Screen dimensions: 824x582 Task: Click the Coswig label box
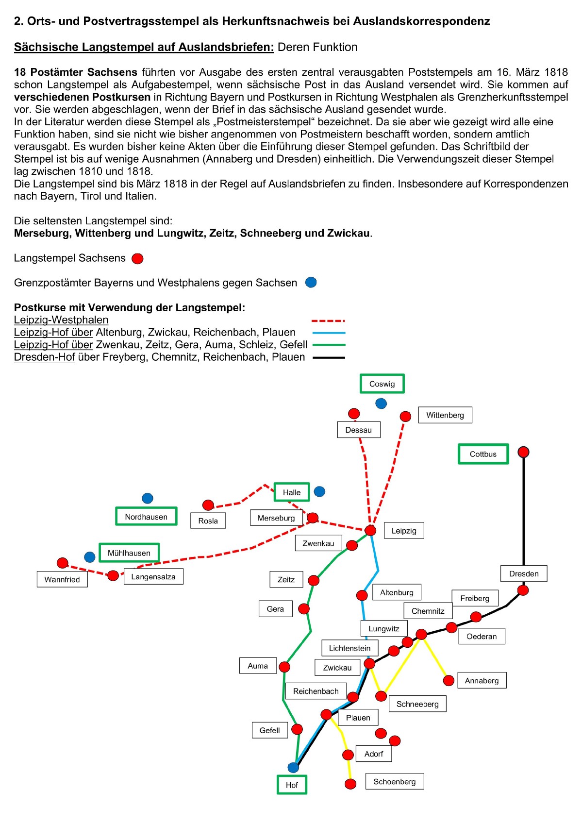pos(382,384)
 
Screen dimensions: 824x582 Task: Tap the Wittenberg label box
pos(445,415)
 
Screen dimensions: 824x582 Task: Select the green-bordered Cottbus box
pos(483,454)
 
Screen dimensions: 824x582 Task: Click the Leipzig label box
pos(404,531)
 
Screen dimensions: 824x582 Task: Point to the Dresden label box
pos(524,573)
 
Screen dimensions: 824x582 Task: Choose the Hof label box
pos(292,785)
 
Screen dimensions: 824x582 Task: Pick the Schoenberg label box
pos(394,781)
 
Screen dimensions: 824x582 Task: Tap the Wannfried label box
pos(62,579)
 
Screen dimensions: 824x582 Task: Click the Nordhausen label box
pos(146,517)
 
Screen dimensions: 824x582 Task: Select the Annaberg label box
pos(482,680)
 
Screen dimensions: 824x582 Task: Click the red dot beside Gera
pos(304,609)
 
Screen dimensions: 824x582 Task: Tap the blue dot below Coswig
pos(381,403)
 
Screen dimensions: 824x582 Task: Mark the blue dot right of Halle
pos(319,491)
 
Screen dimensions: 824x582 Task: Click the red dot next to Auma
pos(284,667)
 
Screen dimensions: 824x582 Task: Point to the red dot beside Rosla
pos(208,505)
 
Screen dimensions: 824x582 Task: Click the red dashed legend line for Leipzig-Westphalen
pos(328,321)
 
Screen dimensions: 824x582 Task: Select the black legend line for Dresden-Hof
pos(329,357)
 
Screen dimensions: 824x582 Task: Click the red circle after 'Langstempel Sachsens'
pos(138,258)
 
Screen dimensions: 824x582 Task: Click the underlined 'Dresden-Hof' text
pos(44,357)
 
